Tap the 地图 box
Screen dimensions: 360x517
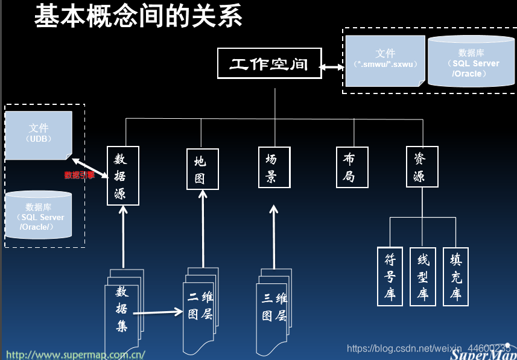point(202,169)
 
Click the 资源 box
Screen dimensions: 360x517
point(422,167)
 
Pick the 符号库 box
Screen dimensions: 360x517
point(390,276)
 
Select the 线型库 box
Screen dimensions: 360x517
point(422,276)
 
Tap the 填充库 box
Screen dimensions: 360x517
point(455,276)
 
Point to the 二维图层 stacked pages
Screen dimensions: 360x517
point(200,308)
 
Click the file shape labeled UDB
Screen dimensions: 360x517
point(39,134)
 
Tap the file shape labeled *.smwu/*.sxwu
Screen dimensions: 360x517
point(385,59)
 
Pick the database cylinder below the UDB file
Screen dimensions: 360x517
point(39,215)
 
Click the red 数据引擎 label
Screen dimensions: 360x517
point(80,175)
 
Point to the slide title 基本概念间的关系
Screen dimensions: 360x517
point(139,16)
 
